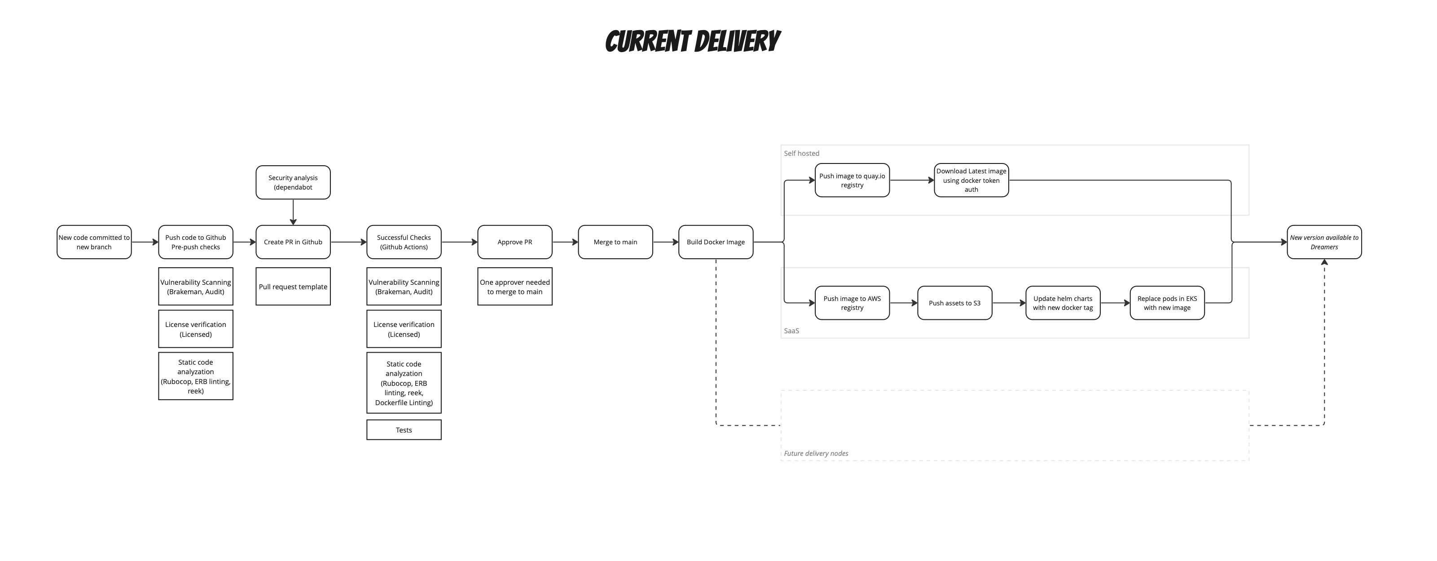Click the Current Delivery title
(x=692, y=42)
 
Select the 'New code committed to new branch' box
(x=94, y=242)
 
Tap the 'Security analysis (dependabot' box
(x=293, y=182)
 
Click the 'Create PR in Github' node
(x=293, y=242)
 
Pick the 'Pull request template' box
(x=293, y=287)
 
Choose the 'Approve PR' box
(x=514, y=242)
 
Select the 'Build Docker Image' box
(x=715, y=242)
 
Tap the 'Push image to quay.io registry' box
(x=852, y=180)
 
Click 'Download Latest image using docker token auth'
(x=971, y=180)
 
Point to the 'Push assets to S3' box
(x=954, y=303)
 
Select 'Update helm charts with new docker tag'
(x=1063, y=303)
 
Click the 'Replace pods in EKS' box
(x=1167, y=303)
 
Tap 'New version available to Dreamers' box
(x=1324, y=242)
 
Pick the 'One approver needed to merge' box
(x=514, y=287)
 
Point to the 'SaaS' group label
(x=791, y=331)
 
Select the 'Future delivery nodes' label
(x=816, y=454)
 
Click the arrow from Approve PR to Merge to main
(x=565, y=242)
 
